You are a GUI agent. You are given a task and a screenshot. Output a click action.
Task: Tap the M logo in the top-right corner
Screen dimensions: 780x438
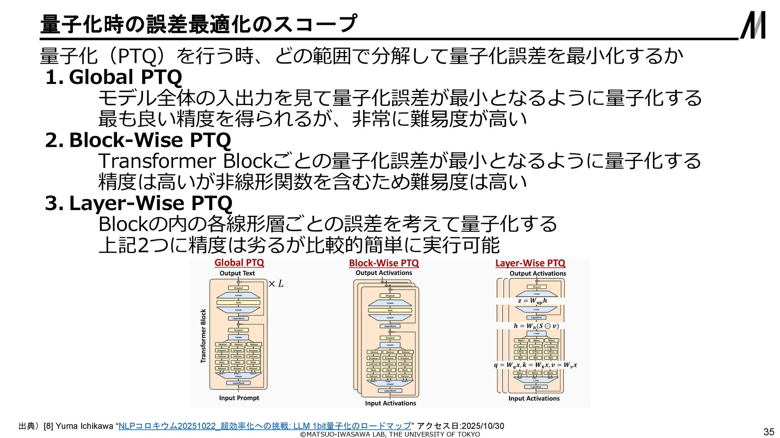click(753, 25)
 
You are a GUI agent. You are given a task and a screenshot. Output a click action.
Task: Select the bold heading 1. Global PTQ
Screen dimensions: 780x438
click(114, 77)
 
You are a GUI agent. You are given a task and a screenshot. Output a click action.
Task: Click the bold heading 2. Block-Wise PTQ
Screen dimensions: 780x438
click(138, 140)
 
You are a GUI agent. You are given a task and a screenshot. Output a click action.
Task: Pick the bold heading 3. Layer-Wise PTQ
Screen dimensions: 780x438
click(139, 203)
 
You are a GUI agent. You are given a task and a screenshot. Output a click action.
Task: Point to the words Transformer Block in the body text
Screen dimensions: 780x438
click(185, 161)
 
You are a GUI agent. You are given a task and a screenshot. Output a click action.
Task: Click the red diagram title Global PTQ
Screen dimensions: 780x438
click(239, 263)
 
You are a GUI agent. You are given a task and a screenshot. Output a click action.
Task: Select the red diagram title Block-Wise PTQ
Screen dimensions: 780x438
click(384, 263)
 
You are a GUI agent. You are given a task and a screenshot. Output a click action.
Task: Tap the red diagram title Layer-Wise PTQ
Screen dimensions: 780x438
click(530, 263)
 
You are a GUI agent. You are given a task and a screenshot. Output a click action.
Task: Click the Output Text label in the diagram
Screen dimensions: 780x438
click(237, 273)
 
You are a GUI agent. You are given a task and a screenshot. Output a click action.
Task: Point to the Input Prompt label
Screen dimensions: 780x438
click(239, 398)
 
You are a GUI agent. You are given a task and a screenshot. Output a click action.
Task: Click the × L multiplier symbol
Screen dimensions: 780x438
click(276, 284)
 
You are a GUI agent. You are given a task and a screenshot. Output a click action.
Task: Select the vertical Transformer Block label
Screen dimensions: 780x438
click(204, 336)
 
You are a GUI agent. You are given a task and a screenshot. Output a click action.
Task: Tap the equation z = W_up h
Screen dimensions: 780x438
click(532, 301)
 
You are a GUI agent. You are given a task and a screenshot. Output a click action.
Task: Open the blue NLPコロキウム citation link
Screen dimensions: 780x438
click(264, 426)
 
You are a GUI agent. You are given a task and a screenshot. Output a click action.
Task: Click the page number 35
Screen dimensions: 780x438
click(769, 432)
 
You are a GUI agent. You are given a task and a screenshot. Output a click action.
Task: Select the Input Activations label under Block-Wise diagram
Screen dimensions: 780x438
click(390, 403)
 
